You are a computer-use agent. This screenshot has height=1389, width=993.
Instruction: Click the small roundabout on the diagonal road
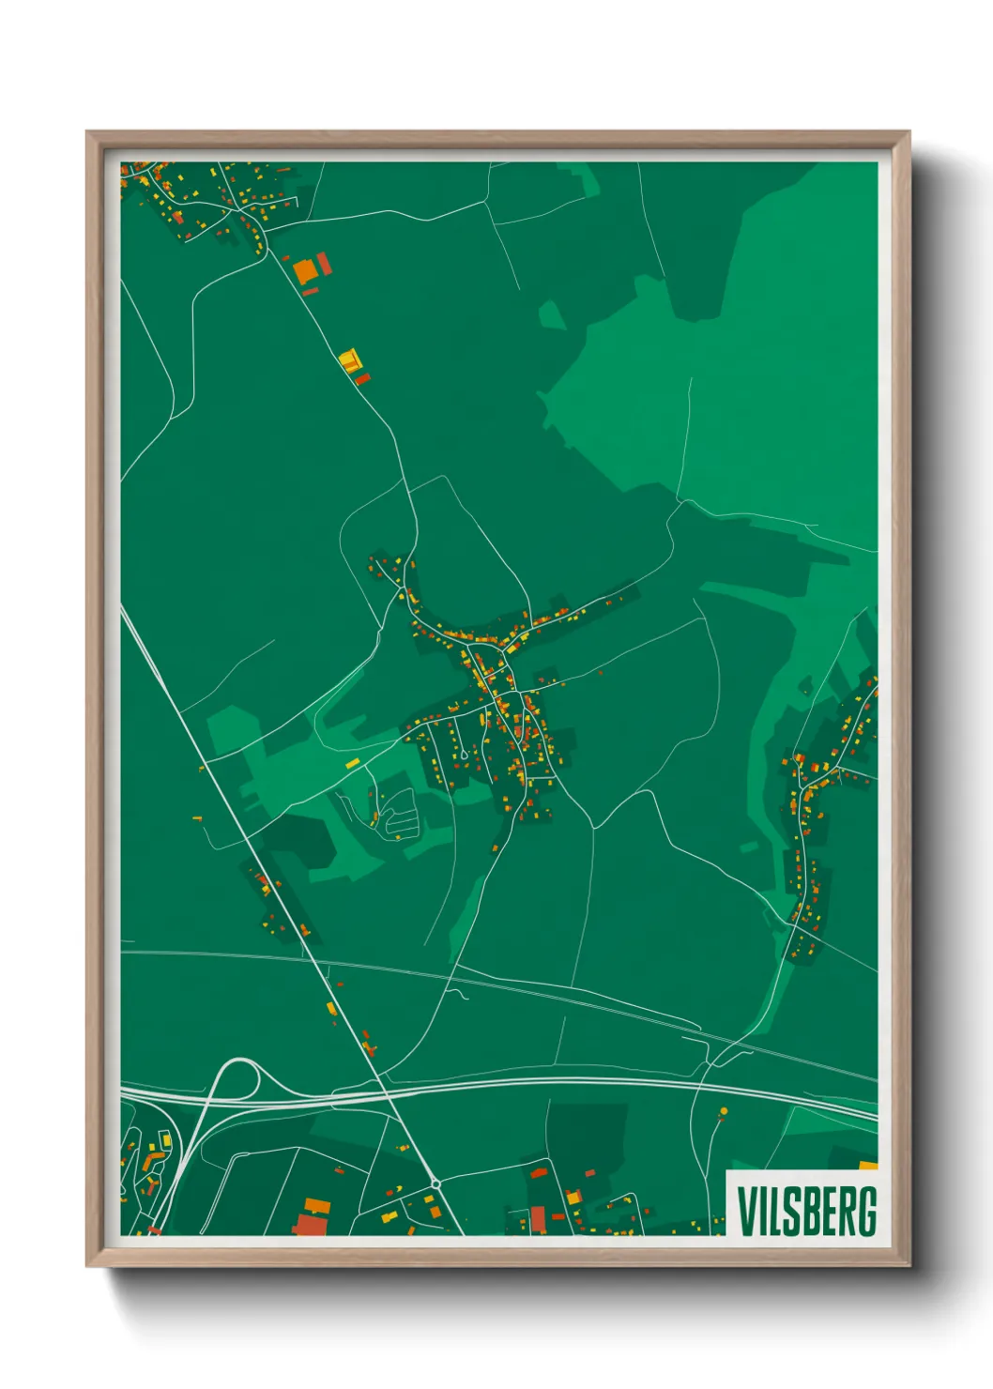[x=435, y=1184]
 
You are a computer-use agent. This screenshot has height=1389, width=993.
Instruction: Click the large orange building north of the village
[x=305, y=271]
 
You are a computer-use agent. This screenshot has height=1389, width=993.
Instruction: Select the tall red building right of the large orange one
[x=324, y=264]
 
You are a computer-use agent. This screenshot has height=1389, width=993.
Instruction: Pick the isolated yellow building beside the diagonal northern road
[x=349, y=360]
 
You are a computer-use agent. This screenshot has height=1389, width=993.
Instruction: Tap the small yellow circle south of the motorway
[x=723, y=1111]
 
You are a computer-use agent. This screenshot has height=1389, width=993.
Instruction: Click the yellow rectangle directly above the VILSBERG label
[x=868, y=1166]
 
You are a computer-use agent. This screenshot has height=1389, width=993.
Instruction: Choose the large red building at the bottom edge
[x=309, y=1225]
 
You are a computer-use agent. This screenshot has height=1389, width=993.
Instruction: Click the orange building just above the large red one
[x=316, y=1204]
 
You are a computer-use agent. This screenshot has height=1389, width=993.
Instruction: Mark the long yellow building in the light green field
[x=353, y=763]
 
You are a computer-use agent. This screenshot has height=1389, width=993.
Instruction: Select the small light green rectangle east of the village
[x=748, y=847]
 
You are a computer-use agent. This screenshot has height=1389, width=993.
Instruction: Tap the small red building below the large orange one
[x=311, y=292]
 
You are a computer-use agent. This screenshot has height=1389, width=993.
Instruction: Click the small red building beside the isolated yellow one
[x=363, y=378]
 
